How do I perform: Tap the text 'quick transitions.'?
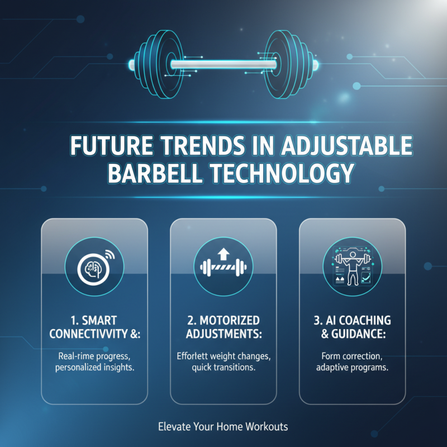pos(223,367)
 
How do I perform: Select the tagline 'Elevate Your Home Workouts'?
pos(223,427)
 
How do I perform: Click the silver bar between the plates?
pos(223,64)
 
